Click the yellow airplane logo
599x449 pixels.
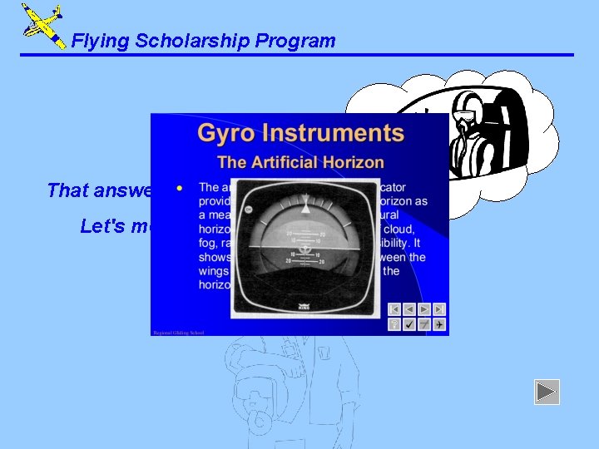pos(42,25)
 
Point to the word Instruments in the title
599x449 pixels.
pos(333,133)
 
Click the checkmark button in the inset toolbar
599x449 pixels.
pos(409,324)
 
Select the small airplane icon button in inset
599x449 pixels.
pos(438,324)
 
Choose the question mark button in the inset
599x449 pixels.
pos(394,324)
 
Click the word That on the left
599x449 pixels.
pos(67,190)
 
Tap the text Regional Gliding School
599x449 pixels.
pos(178,333)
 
